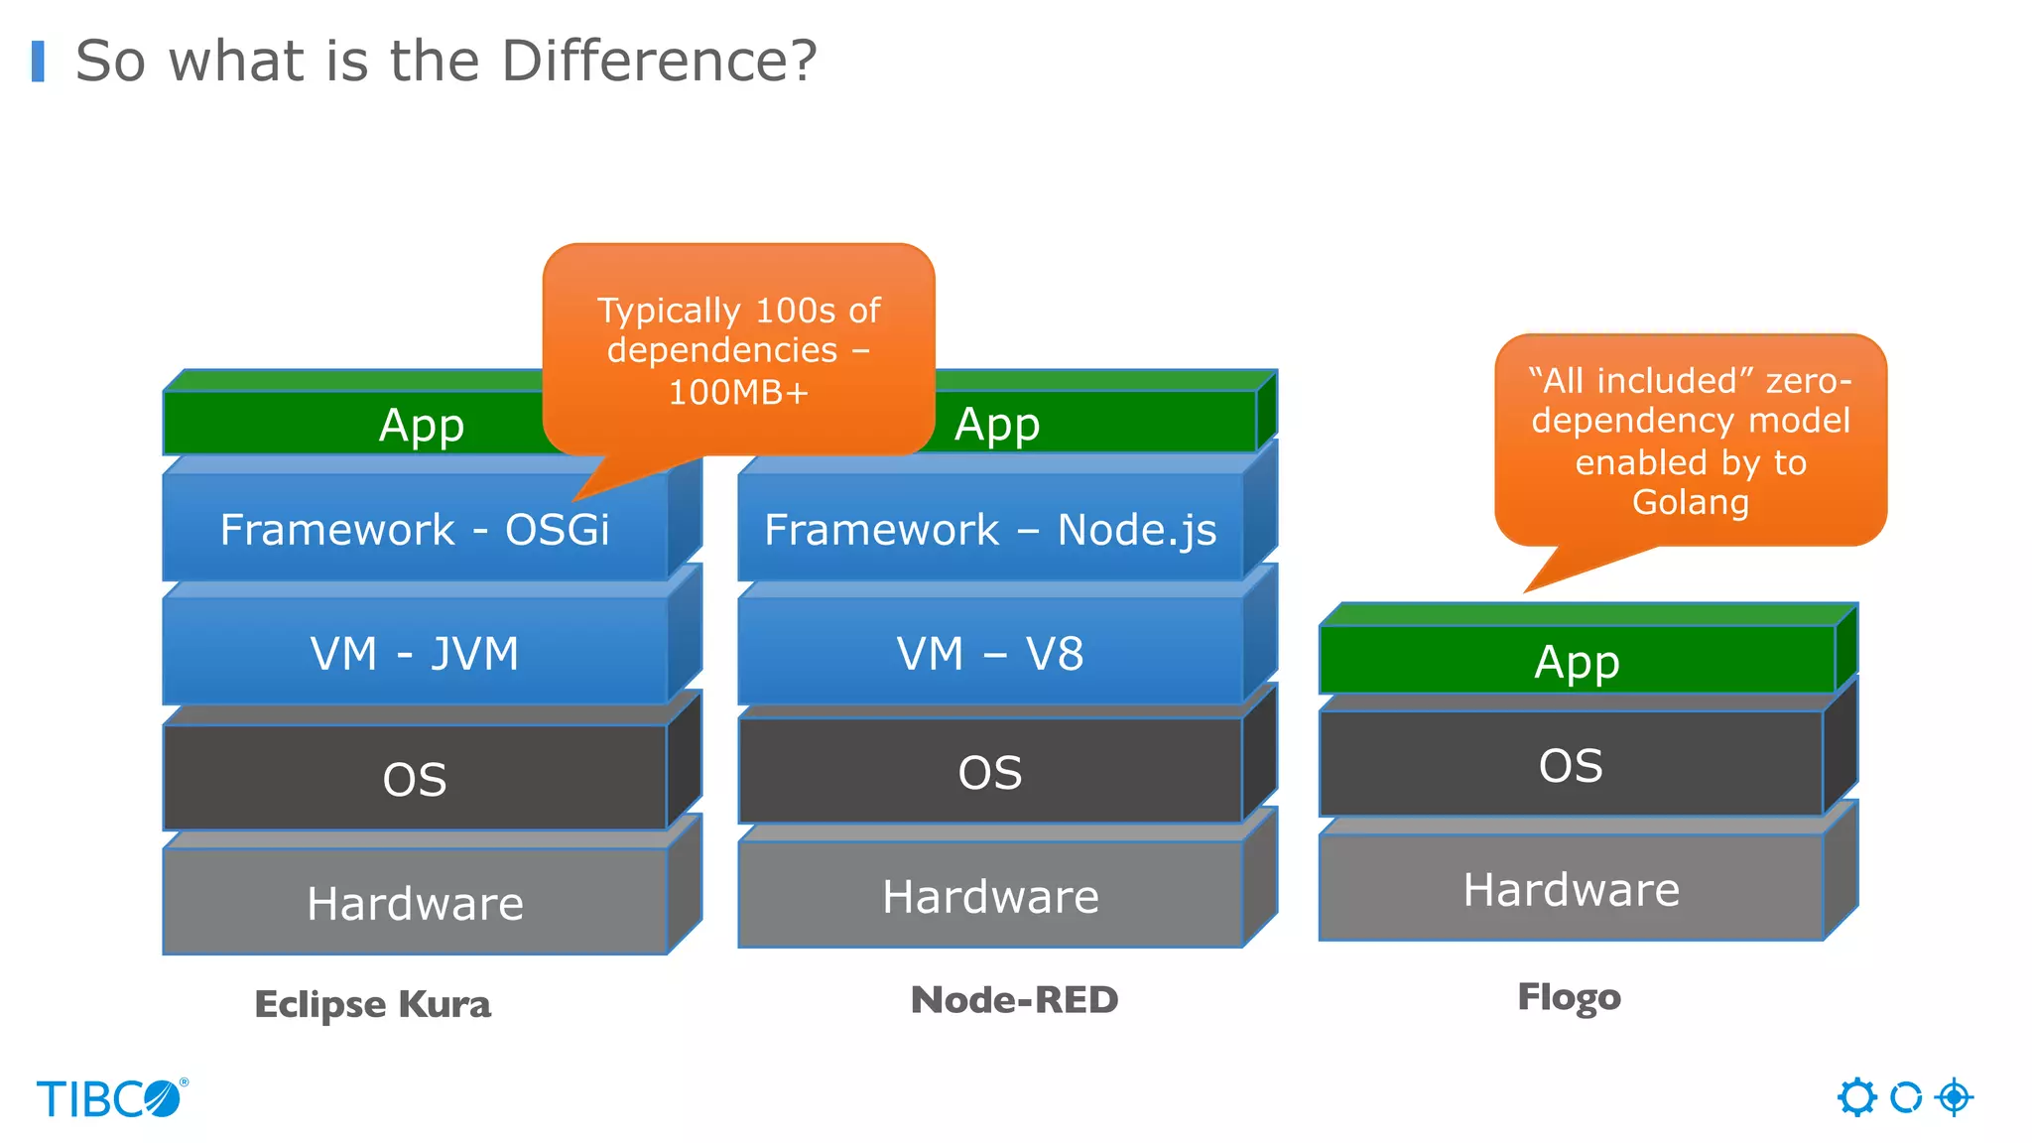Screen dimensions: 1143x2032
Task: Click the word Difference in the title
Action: coord(659,62)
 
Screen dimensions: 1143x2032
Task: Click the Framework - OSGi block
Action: coord(415,529)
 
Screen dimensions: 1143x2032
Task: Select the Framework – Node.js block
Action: coord(990,529)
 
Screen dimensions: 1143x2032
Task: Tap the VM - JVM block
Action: coord(415,654)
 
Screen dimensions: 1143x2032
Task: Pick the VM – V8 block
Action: coord(990,654)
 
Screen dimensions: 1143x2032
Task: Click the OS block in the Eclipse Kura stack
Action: coord(415,779)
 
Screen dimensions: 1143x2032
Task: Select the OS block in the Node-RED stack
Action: coord(990,772)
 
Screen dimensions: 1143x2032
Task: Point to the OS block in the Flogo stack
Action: coord(1571,765)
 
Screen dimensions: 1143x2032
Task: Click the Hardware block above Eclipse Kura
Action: coord(415,903)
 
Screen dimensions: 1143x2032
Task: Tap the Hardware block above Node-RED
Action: coord(990,896)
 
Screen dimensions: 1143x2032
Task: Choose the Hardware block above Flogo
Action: coord(1571,889)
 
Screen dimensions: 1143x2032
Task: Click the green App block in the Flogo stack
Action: coord(1577,662)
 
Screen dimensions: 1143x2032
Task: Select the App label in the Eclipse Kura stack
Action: coord(422,426)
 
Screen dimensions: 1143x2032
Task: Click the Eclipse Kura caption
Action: coord(373,1004)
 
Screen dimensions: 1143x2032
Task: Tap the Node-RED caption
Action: coord(1014,1000)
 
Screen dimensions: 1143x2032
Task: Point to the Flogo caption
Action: coord(1569,997)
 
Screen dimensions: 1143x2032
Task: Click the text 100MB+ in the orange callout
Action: coord(738,393)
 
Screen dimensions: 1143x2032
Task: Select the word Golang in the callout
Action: coord(1691,502)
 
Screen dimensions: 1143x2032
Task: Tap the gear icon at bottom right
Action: coord(1856,1097)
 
